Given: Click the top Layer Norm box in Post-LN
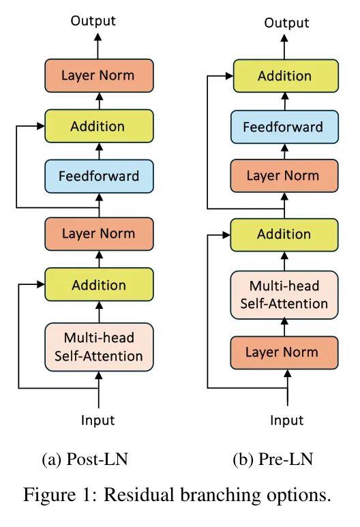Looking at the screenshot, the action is (99, 76).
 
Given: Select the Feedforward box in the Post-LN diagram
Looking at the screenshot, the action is (99, 177).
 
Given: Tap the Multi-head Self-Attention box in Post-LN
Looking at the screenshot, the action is (99, 347).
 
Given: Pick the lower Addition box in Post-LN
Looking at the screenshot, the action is (99, 284).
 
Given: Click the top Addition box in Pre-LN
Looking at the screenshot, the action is (286, 76).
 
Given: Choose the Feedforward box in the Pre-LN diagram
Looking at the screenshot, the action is (284, 127).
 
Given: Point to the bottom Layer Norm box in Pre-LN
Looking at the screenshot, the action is (284, 352).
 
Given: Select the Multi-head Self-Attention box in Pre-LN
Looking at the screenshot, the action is (284, 295).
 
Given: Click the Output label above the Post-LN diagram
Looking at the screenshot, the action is (93, 21).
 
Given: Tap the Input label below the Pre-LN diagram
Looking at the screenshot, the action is (287, 421).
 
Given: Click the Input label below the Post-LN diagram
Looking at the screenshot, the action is (97, 421).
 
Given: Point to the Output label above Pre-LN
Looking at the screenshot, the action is (286, 23).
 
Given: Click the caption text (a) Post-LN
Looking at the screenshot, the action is (85, 459).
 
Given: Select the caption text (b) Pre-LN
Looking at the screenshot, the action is (273, 459).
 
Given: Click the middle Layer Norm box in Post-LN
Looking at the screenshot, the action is (99, 234).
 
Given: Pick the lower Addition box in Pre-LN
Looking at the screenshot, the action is (284, 235).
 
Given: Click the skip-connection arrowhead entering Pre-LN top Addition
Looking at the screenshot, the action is (230, 76).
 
